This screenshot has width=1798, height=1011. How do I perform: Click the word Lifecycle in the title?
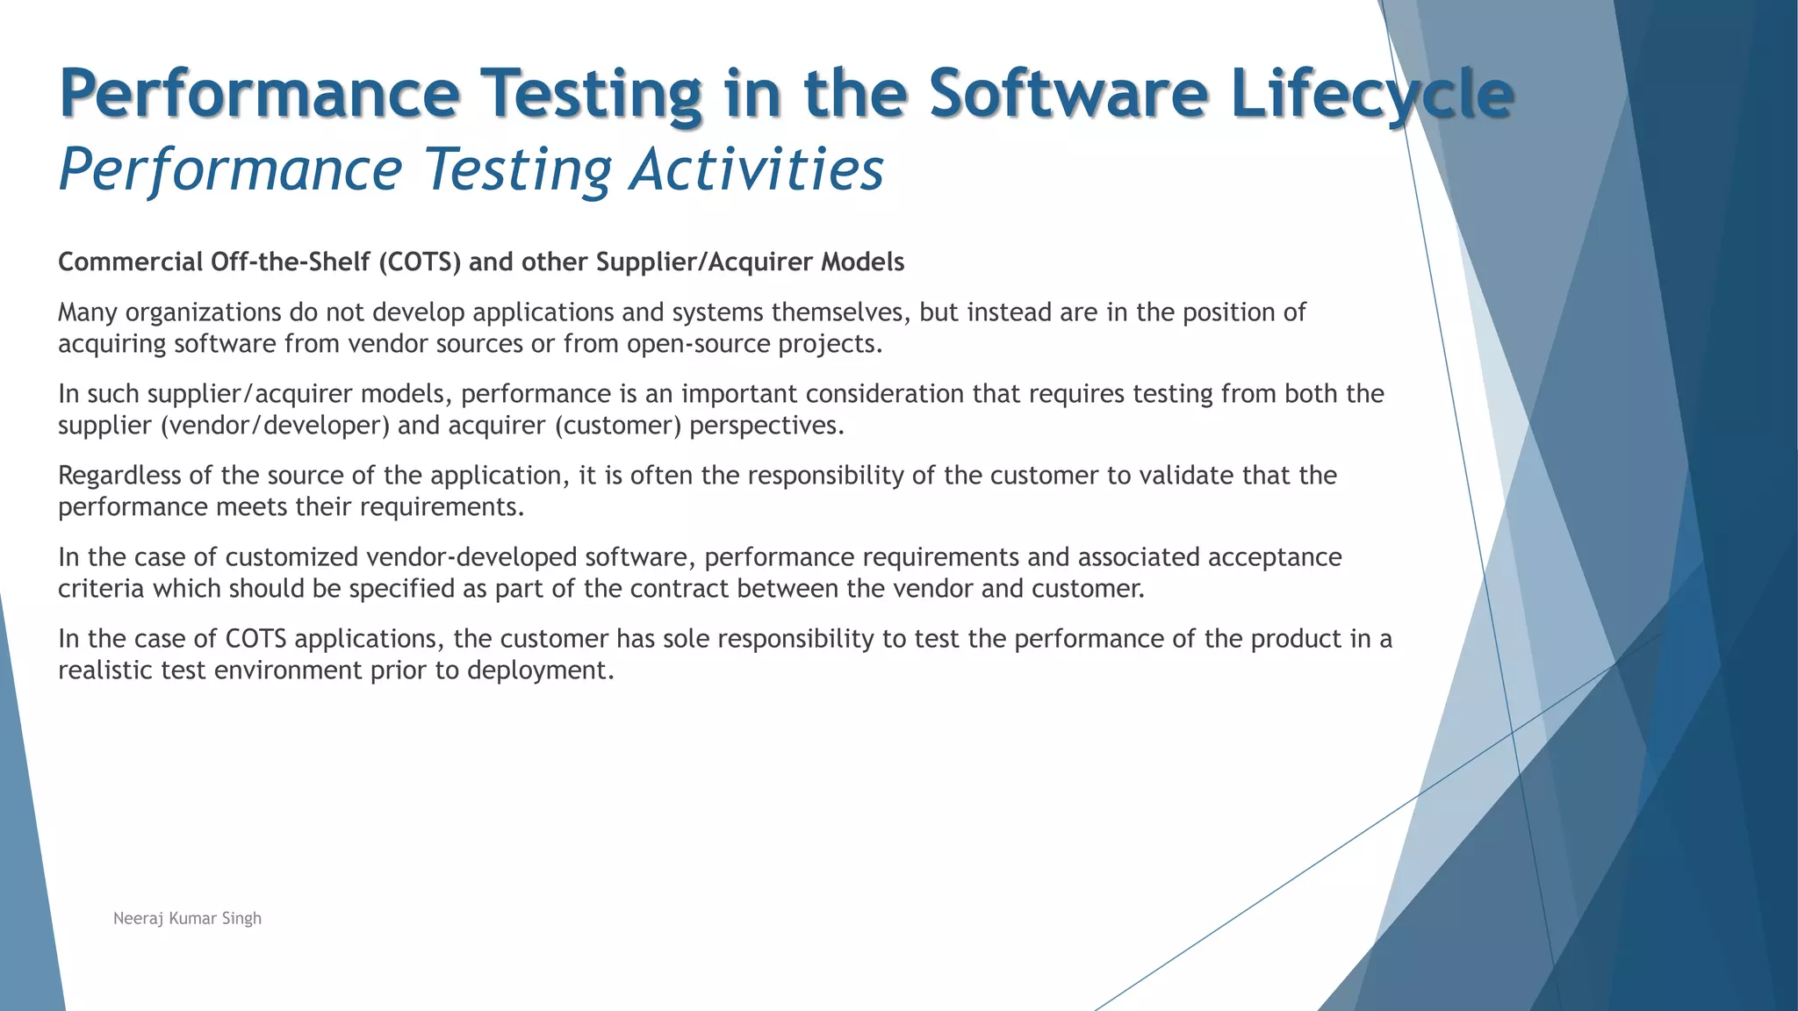1371,94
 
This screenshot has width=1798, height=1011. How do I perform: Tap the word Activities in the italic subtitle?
757,169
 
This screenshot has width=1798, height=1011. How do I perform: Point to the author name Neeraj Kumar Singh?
187,919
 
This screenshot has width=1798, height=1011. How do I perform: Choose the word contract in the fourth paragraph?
680,589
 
